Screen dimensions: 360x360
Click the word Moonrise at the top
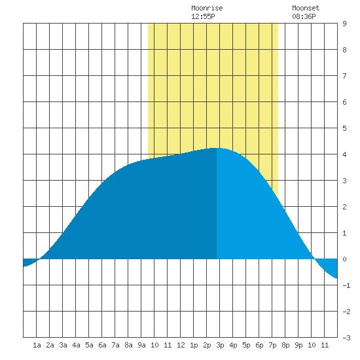[x=207, y=8]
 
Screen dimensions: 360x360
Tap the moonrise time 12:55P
[x=203, y=16]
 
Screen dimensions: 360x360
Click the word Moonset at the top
[x=306, y=8]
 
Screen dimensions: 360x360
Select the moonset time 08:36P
[x=304, y=16]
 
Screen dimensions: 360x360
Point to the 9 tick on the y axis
[x=344, y=24]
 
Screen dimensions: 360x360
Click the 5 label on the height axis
[x=344, y=128]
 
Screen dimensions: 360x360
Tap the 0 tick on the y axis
[x=344, y=259]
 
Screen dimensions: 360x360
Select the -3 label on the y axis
[x=346, y=338]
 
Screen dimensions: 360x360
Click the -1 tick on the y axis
[x=346, y=285]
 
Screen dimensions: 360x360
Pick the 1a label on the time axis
[x=37, y=345]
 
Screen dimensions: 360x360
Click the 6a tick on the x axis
[x=102, y=345]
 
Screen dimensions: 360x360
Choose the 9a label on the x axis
[x=141, y=345]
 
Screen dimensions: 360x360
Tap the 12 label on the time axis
[x=181, y=345]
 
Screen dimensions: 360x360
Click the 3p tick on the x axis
[x=220, y=345]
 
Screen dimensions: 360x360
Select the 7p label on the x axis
[x=272, y=345]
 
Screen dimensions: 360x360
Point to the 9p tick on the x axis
[x=298, y=345]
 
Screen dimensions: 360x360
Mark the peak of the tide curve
[x=216, y=148]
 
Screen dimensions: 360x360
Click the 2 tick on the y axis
[x=344, y=207]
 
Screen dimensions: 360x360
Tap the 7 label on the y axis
[x=344, y=76]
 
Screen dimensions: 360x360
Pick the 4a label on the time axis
[x=76, y=345]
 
